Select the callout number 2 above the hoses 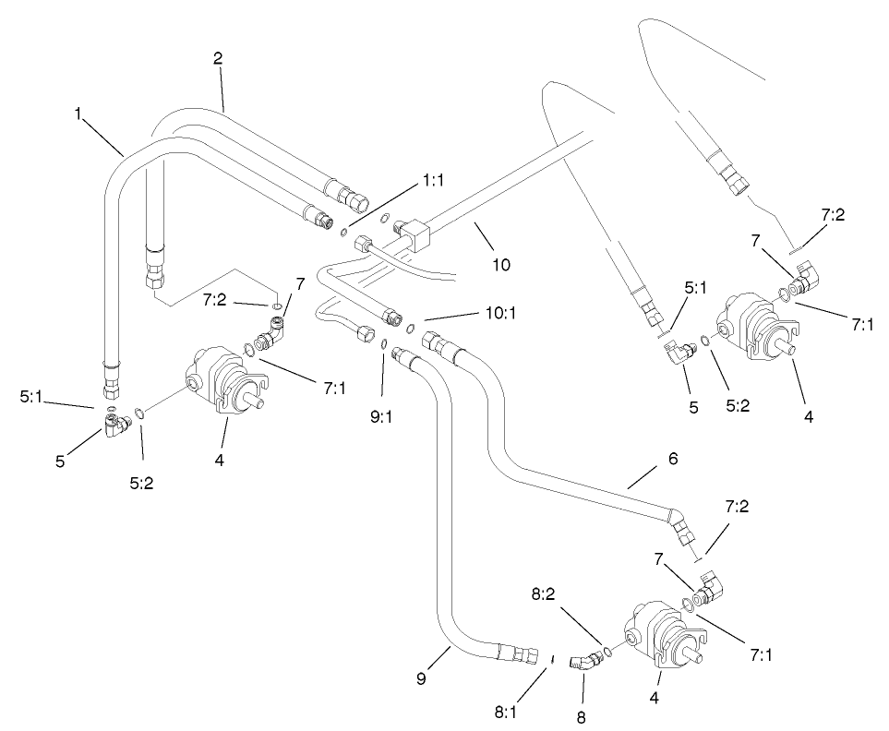(x=218, y=57)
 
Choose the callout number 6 (x=672, y=458)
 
